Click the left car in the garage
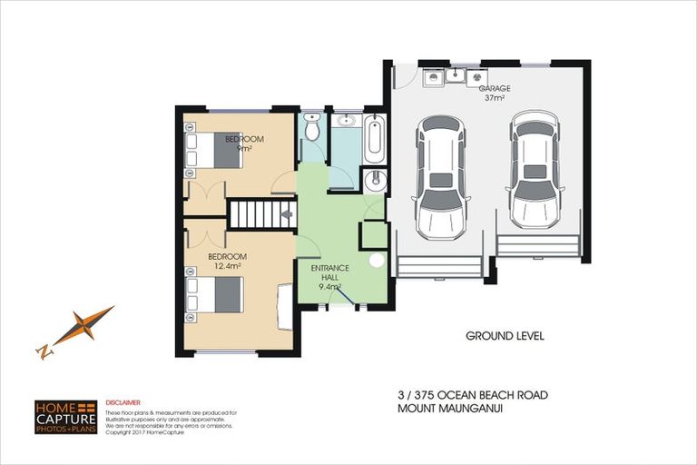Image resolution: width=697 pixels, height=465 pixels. tap(441, 174)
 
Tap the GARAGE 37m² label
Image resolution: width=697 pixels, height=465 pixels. tap(495, 93)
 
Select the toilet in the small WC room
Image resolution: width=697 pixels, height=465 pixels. tap(311, 130)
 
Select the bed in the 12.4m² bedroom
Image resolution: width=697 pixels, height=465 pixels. tap(215, 295)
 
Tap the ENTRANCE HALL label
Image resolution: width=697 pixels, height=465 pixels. tap(327, 275)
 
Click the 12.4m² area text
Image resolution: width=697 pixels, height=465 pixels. tap(226, 266)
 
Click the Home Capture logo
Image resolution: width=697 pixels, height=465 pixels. tap(64, 416)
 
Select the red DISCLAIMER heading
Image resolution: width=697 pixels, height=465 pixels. tap(123, 401)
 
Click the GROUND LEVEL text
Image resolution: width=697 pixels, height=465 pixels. tap(504, 336)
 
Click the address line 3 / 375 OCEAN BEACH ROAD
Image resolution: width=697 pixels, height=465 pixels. tap(472, 395)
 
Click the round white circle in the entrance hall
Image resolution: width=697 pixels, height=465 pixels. tap(376, 260)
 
